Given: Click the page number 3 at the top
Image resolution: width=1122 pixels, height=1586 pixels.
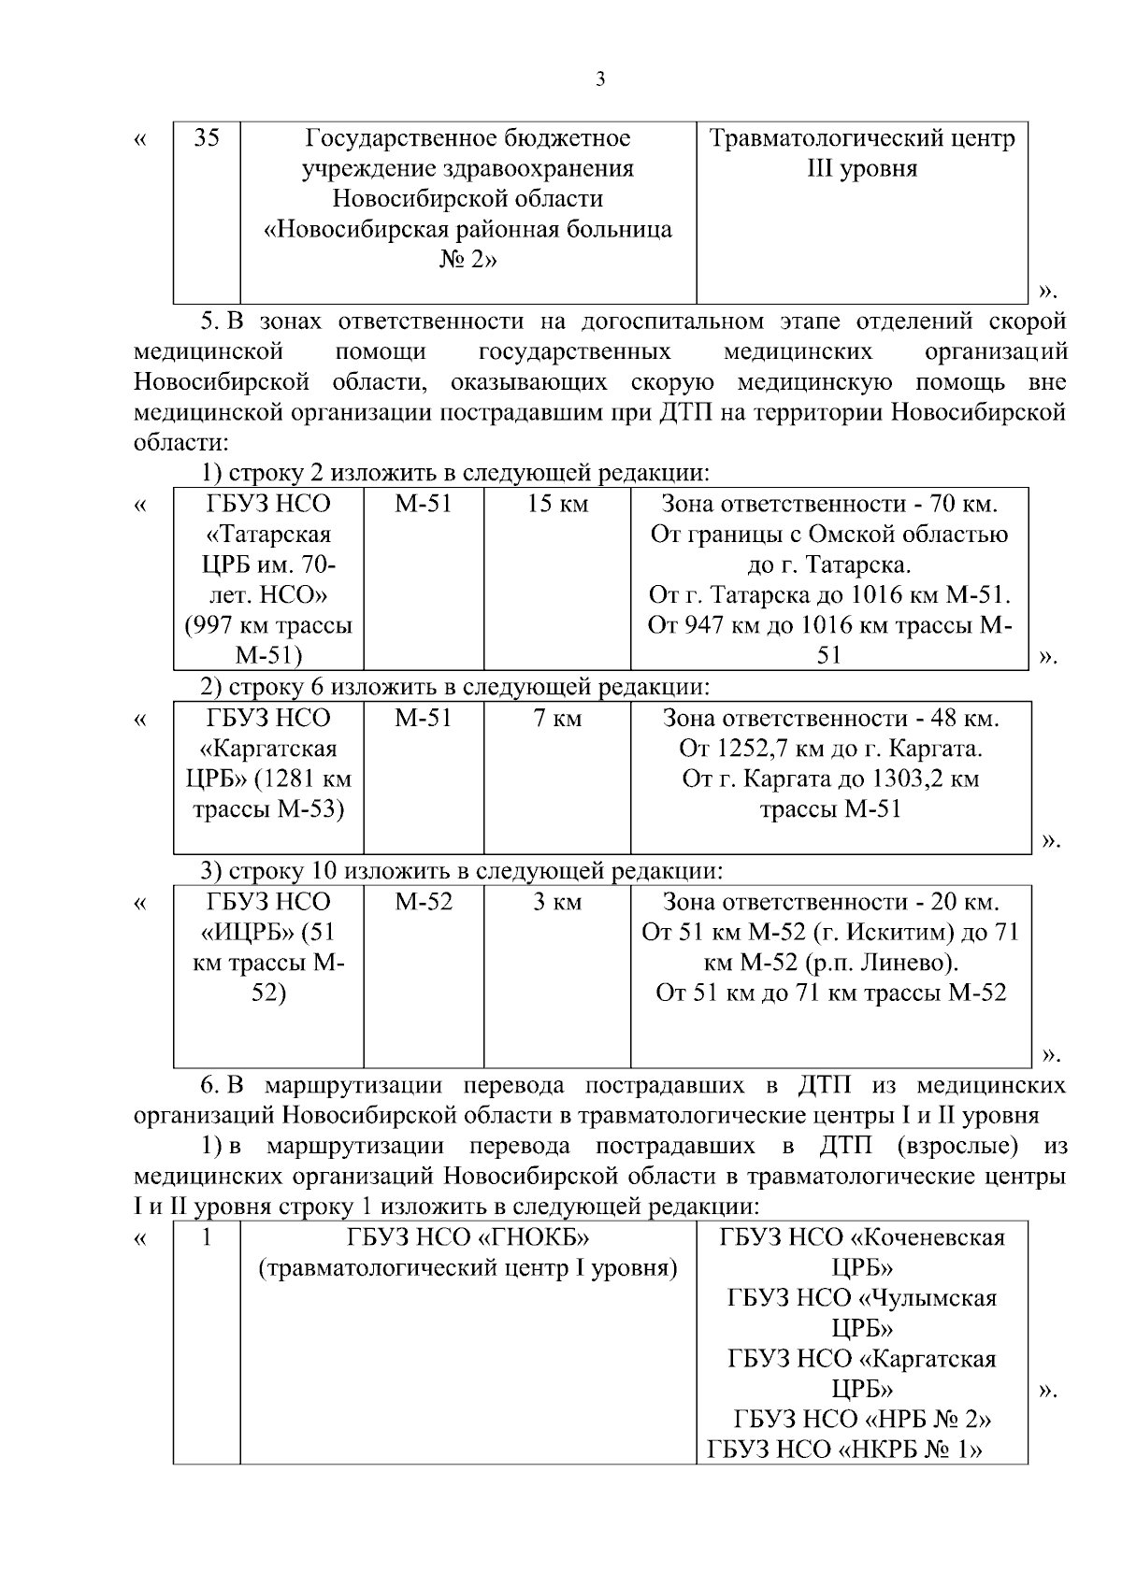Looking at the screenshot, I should coord(600,80).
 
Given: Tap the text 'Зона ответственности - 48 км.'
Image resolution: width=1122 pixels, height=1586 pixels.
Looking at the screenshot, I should coord(830,719).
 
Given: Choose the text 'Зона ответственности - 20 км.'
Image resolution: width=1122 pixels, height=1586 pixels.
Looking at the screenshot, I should coord(830,902).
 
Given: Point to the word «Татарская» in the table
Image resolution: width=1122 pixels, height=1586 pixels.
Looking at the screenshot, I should coord(268,536).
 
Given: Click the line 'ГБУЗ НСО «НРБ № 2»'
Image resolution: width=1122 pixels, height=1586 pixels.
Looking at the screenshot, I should coord(861,1420).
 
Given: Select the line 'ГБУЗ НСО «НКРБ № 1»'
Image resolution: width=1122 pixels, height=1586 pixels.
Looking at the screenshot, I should coord(847,1450).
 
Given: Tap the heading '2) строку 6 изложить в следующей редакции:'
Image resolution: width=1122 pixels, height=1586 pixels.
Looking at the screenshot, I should coord(456,688).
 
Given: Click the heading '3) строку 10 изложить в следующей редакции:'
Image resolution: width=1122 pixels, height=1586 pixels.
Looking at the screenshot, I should coord(463,871).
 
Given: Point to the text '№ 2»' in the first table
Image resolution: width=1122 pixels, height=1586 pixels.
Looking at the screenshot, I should coord(467,260).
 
